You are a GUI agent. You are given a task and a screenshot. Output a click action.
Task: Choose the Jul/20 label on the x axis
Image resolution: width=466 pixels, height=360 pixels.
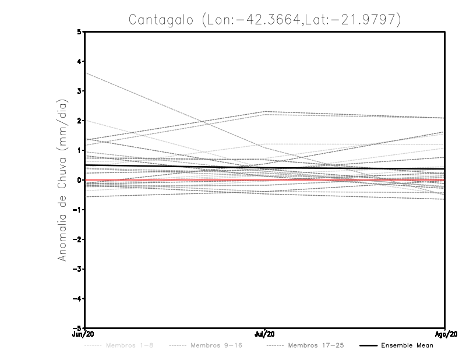tap(265, 334)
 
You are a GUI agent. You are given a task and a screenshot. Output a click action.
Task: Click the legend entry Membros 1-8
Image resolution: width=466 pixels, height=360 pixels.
tap(129, 346)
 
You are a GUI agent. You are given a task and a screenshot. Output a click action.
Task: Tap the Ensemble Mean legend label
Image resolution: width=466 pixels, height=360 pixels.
tap(407, 346)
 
